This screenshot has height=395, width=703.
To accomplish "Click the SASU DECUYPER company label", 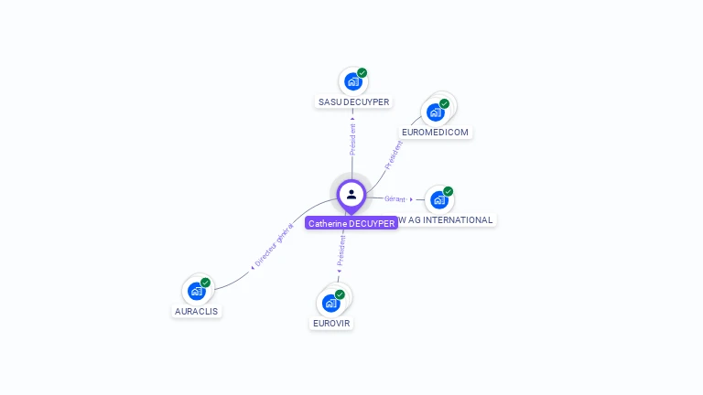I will tap(352, 102).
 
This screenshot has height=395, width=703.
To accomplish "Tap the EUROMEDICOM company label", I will tap(435, 133).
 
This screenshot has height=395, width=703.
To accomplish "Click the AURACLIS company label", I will tap(198, 311).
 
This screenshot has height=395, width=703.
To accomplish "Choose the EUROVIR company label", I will tap(331, 324).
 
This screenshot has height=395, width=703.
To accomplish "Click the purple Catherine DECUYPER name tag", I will tap(351, 223).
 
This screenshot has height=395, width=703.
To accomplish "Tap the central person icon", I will tap(351, 194).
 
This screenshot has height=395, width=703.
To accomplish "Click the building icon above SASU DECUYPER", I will tap(352, 81).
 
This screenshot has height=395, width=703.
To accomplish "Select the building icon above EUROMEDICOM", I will tap(435, 112).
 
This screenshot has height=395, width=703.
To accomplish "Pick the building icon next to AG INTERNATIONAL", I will tap(438, 199).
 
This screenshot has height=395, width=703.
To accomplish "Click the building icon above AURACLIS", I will tap(196, 291).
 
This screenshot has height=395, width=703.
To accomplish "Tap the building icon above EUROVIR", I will tap(330, 303).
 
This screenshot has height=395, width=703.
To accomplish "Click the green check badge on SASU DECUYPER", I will tap(362, 72).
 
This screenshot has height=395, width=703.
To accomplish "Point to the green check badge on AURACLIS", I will tap(206, 283).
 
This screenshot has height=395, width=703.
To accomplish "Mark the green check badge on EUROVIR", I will tap(341, 294).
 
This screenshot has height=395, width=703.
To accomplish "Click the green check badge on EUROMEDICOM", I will tap(445, 103).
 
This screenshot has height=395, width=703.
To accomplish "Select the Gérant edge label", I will tap(395, 198).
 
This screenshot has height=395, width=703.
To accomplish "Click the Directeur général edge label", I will tap(273, 247).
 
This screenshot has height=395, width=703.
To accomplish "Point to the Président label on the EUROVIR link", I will tap(341, 249).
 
